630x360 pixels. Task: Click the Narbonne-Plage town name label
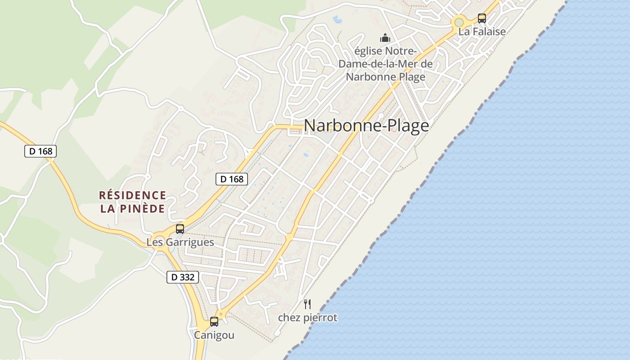coord(366,126)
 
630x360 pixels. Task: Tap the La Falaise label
coord(482,31)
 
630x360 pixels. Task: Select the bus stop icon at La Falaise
coord(482,18)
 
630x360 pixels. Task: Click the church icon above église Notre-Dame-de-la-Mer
coord(385,37)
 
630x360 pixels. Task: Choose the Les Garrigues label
coord(180,242)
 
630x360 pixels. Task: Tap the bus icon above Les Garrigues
coord(180,229)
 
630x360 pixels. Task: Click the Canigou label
coord(214,335)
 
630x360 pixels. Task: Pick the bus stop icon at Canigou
coord(214,322)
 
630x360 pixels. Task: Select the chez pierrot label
coord(307,318)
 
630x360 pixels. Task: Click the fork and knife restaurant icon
coord(307,304)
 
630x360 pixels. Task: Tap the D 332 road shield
coord(183,277)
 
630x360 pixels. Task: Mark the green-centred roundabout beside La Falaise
coord(459,22)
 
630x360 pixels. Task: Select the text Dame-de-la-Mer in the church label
coord(385,63)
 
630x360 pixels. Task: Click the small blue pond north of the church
coord(337,19)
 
